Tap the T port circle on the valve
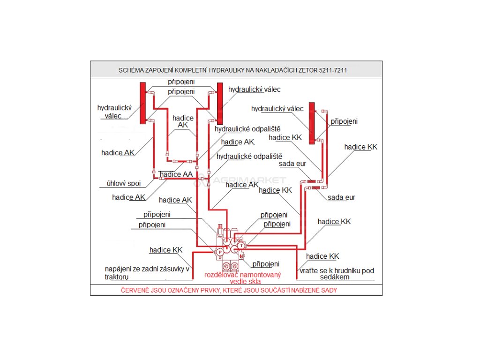tap(241, 245)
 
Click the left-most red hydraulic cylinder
tap(142, 103)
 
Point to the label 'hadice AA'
tap(176, 174)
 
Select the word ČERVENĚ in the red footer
tap(135, 290)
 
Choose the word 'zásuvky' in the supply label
tap(172, 269)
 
